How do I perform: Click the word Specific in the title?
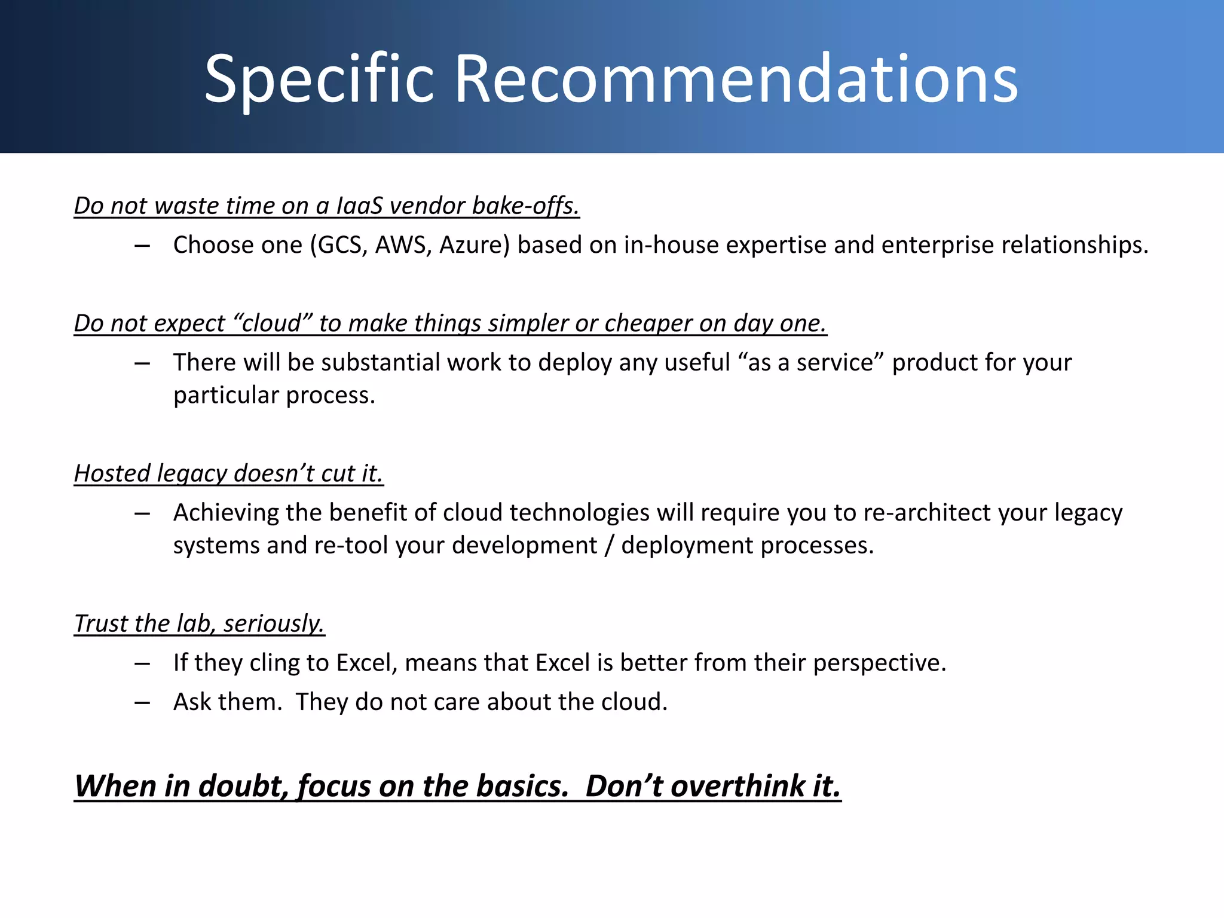coord(319,79)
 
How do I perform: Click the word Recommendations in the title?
coord(736,79)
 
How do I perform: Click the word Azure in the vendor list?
coord(475,245)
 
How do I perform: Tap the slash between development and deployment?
coord(608,546)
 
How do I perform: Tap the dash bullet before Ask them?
coord(142,702)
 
